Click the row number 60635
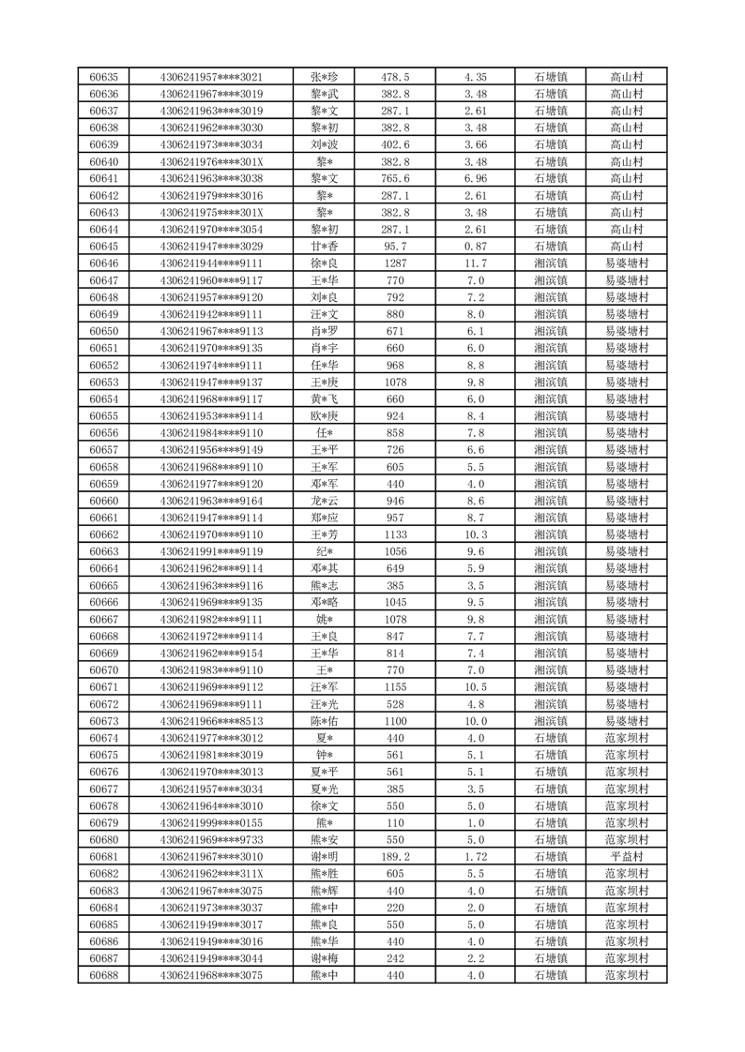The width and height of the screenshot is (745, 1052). (x=103, y=77)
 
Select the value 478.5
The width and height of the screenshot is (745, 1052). (x=394, y=77)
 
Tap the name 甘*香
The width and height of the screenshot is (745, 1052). (x=323, y=246)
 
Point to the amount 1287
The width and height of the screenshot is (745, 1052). (x=394, y=263)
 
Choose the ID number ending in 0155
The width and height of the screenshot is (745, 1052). (x=212, y=823)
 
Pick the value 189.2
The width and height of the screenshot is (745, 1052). (x=394, y=857)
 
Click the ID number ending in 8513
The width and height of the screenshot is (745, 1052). (x=212, y=722)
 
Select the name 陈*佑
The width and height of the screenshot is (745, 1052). (x=323, y=722)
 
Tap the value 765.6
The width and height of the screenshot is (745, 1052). (x=394, y=178)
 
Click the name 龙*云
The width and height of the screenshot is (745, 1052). (x=323, y=501)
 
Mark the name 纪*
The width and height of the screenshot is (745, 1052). (x=323, y=551)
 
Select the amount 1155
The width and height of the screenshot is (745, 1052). (x=394, y=687)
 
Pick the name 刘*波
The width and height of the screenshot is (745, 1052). (x=323, y=144)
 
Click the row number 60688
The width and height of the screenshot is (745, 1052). (x=103, y=976)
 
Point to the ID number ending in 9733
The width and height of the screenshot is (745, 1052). (x=212, y=840)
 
